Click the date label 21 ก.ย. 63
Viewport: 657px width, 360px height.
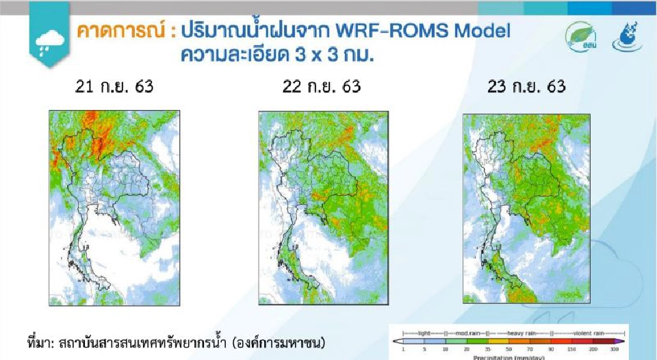pos(114,87)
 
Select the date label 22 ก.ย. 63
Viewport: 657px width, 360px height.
pos(321,87)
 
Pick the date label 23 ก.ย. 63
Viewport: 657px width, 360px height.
pos(527,87)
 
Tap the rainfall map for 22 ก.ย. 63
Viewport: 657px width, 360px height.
pos(322,208)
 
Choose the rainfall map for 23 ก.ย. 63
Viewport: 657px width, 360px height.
pos(526,208)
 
